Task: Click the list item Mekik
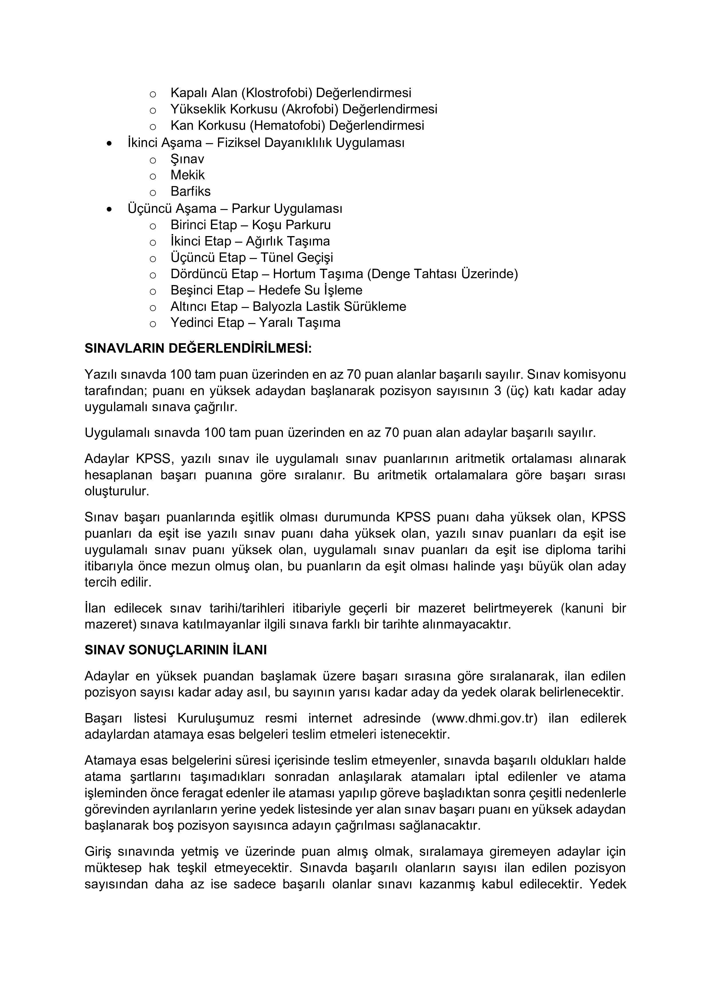(x=187, y=175)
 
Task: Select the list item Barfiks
(x=191, y=191)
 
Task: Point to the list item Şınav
(x=187, y=159)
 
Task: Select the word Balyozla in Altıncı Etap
(x=278, y=307)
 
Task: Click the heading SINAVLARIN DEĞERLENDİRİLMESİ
(x=198, y=348)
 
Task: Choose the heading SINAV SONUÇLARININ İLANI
(x=176, y=650)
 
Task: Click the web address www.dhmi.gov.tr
(x=485, y=718)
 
